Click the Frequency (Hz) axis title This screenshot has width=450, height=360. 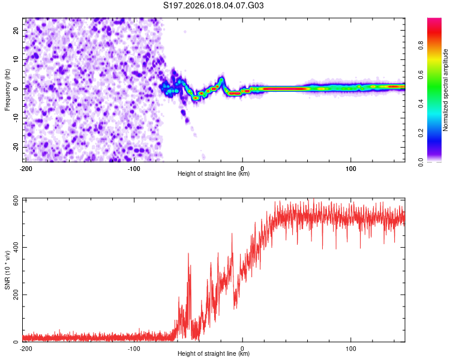(x=7, y=89)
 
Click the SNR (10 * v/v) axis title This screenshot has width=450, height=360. (x=7, y=270)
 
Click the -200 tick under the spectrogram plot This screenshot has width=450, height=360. (x=25, y=167)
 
